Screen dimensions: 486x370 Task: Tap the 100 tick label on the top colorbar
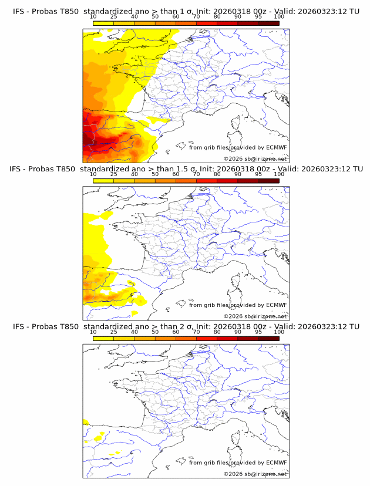[x=279, y=17]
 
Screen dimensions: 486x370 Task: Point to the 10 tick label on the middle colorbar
[x=93, y=174]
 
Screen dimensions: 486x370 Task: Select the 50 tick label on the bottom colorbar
[x=155, y=332]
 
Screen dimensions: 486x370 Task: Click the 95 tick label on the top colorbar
[x=258, y=17]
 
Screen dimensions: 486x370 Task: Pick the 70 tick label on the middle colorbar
[x=196, y=174]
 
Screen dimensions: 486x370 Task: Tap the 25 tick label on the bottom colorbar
[x=113, y=332]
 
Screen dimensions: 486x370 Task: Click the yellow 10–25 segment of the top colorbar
[x=103, y=23]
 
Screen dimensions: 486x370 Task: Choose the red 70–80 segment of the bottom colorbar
[x=206, y=338]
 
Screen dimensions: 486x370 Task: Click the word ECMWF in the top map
[x=276, y=147]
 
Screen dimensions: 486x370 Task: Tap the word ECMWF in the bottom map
[x=276, y=463]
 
